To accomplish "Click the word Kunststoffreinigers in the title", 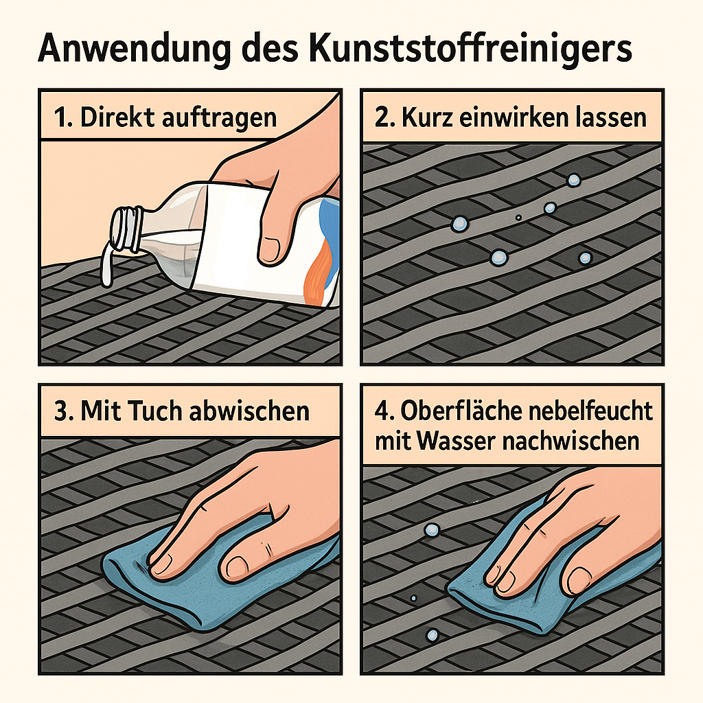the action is [470, 49].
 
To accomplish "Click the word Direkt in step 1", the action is [117, 117].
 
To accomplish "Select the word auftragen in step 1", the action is [219, 119].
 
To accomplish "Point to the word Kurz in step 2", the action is [427, 117].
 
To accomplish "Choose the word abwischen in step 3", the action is [250, 411].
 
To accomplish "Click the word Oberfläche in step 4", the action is [462, 411].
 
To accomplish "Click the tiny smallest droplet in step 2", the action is [518, 218].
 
